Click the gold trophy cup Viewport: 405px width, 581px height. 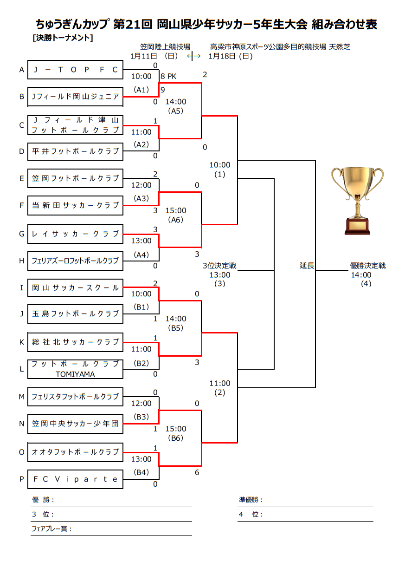click(357, 200)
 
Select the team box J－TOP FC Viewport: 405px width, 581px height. click(76, 70)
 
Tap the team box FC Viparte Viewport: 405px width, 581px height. click(76, 479)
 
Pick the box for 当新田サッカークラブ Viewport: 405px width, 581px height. click(76, 205)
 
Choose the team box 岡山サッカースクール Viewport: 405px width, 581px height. click(76, 288)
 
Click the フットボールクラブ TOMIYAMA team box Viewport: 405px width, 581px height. click(76, 369)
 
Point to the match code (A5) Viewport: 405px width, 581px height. click(176, 111)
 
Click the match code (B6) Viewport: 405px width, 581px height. click(176, 438)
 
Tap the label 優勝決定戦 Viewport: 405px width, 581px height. click(367, 266)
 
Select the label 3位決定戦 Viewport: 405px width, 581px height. click(219, 266)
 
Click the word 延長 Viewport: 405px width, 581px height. click(307, 266)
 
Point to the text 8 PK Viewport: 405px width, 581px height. click(168, 76)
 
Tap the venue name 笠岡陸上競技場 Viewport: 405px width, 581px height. click(165, 47)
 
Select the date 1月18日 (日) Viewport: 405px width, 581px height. click(231, 56)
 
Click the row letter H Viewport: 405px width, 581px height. click(21, 261)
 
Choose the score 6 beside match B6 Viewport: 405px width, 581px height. click(197, 472)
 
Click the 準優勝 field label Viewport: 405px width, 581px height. click(251, 500)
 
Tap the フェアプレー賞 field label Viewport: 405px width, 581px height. click(51, 529)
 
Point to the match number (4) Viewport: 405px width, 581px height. click(366, 284)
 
